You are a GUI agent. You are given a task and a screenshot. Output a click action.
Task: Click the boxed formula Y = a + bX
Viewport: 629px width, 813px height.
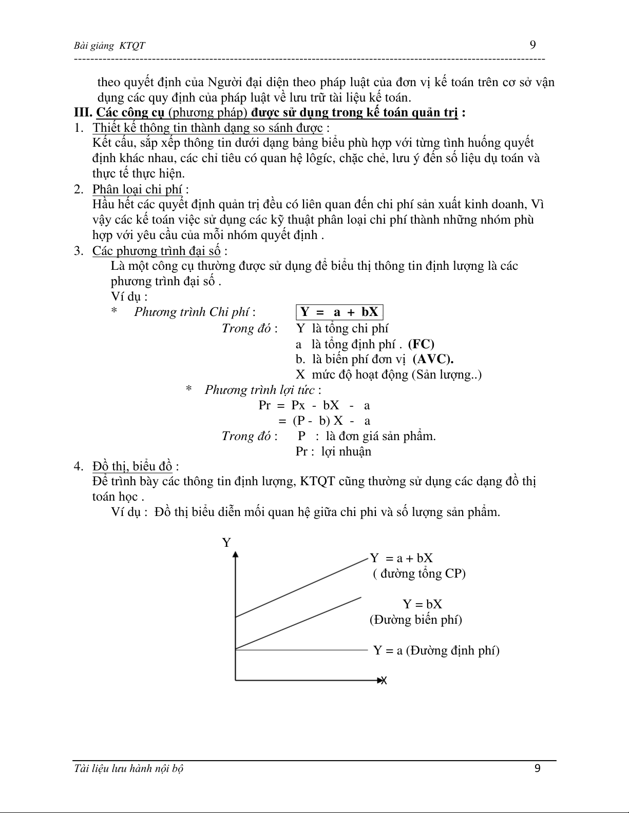point(339,312)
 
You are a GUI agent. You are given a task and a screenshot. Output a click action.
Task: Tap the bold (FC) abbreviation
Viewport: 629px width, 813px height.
point(421,344)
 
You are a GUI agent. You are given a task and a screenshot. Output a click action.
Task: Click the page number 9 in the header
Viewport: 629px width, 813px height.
point(532,45)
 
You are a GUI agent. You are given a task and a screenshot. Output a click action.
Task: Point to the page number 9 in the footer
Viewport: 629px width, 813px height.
point(538,768)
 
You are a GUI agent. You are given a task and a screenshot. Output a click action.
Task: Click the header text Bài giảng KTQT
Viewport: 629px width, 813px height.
point(109,46)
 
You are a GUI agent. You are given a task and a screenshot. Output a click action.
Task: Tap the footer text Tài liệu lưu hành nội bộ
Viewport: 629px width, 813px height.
point(129,768)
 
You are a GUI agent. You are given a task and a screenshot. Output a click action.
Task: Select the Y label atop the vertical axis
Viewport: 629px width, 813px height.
point(226,543)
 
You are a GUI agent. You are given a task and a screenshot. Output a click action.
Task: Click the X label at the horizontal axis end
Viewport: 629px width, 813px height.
point(383,681)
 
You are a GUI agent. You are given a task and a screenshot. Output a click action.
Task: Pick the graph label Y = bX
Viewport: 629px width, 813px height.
point(422,604)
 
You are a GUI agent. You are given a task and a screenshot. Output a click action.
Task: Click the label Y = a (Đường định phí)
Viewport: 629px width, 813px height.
point(436,650)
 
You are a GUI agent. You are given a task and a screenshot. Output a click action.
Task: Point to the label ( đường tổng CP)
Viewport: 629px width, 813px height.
point(419,573)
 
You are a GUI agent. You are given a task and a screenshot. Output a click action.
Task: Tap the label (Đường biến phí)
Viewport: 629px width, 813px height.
point(415,620)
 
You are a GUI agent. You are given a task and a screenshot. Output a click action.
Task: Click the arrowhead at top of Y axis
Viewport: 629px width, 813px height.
point(236,554)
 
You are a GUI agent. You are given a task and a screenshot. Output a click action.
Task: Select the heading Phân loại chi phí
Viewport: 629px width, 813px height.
point(137,189)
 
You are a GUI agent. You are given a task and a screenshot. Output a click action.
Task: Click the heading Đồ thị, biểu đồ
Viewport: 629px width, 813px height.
point(132,466)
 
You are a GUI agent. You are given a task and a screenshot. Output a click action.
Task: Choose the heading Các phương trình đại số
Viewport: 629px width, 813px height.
point(156,251)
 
